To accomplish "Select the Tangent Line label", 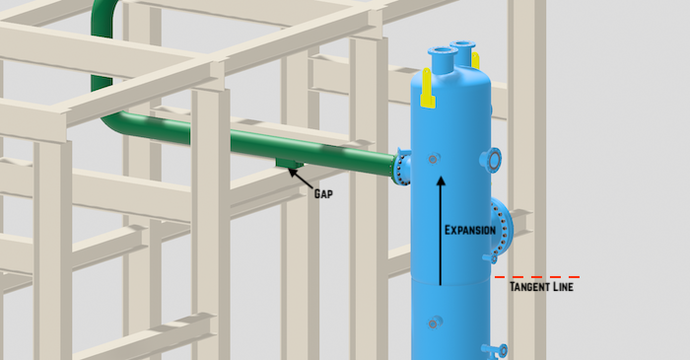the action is tap(540, 288).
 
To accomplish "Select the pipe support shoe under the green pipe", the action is tap(289, 162).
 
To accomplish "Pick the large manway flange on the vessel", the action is tap(502, 228).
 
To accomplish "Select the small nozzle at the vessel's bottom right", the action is tap(500, 350).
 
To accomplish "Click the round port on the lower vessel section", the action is tap(434, 322).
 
